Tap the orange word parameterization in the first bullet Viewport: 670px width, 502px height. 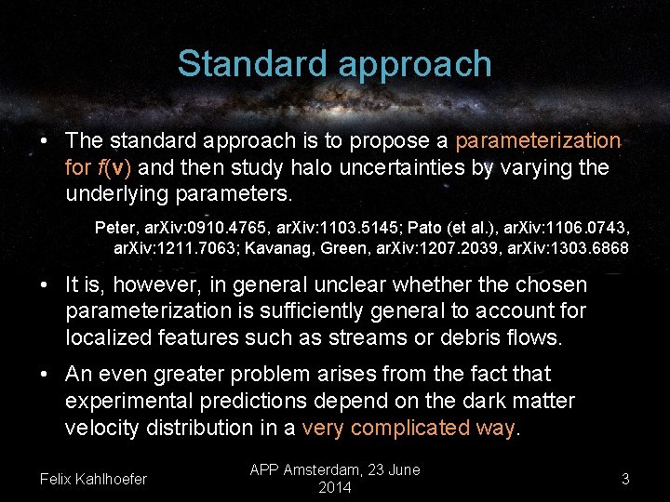click(537, 140)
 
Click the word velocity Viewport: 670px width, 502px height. click(104, 428)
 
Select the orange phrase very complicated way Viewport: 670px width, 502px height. click(410, 428)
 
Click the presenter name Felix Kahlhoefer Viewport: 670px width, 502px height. click(94, 479)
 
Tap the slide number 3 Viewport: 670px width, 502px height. click(625, 479)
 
